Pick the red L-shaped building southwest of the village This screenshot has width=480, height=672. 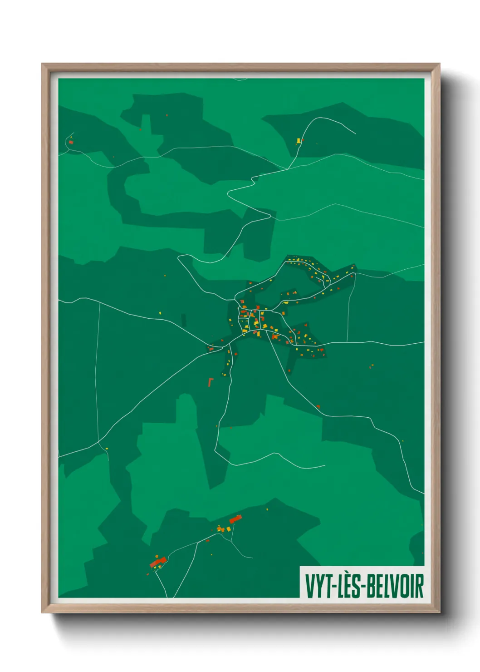click(210, 382)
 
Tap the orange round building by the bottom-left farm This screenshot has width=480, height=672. click(157, 556)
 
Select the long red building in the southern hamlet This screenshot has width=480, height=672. click(235, 519)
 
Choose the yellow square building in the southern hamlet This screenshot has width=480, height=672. click(221, 529)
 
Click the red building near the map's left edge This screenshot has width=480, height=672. click(71, 142)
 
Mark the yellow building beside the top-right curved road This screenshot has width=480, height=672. click(299, 140)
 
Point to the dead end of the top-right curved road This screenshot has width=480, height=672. click(355, 134)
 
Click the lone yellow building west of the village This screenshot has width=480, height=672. click(160, 313)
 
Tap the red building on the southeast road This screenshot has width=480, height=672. click(318, 406)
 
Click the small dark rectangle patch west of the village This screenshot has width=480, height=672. click(184, 320)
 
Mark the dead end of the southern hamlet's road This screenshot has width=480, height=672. click(252, 557)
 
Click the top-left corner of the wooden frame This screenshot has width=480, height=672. click(42, 64)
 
